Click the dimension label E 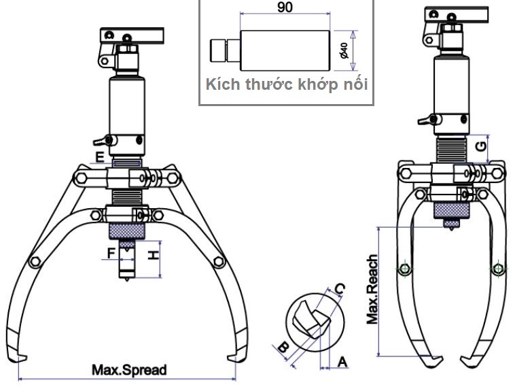click(x=100, y=158)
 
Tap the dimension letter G click(x=481, y=146)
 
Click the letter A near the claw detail click(x=342, y=363)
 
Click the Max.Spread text click(x=129, y=371)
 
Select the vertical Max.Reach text click(x=372, y=289)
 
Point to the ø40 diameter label click(x=344, y=50)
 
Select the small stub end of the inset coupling click(x=219, y=50)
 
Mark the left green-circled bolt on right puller click(x=405, y=269)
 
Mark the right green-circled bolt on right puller click(x=497, y=269)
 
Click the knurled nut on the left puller click(x=126, y=231)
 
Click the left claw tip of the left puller click(x=22, y=358)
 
